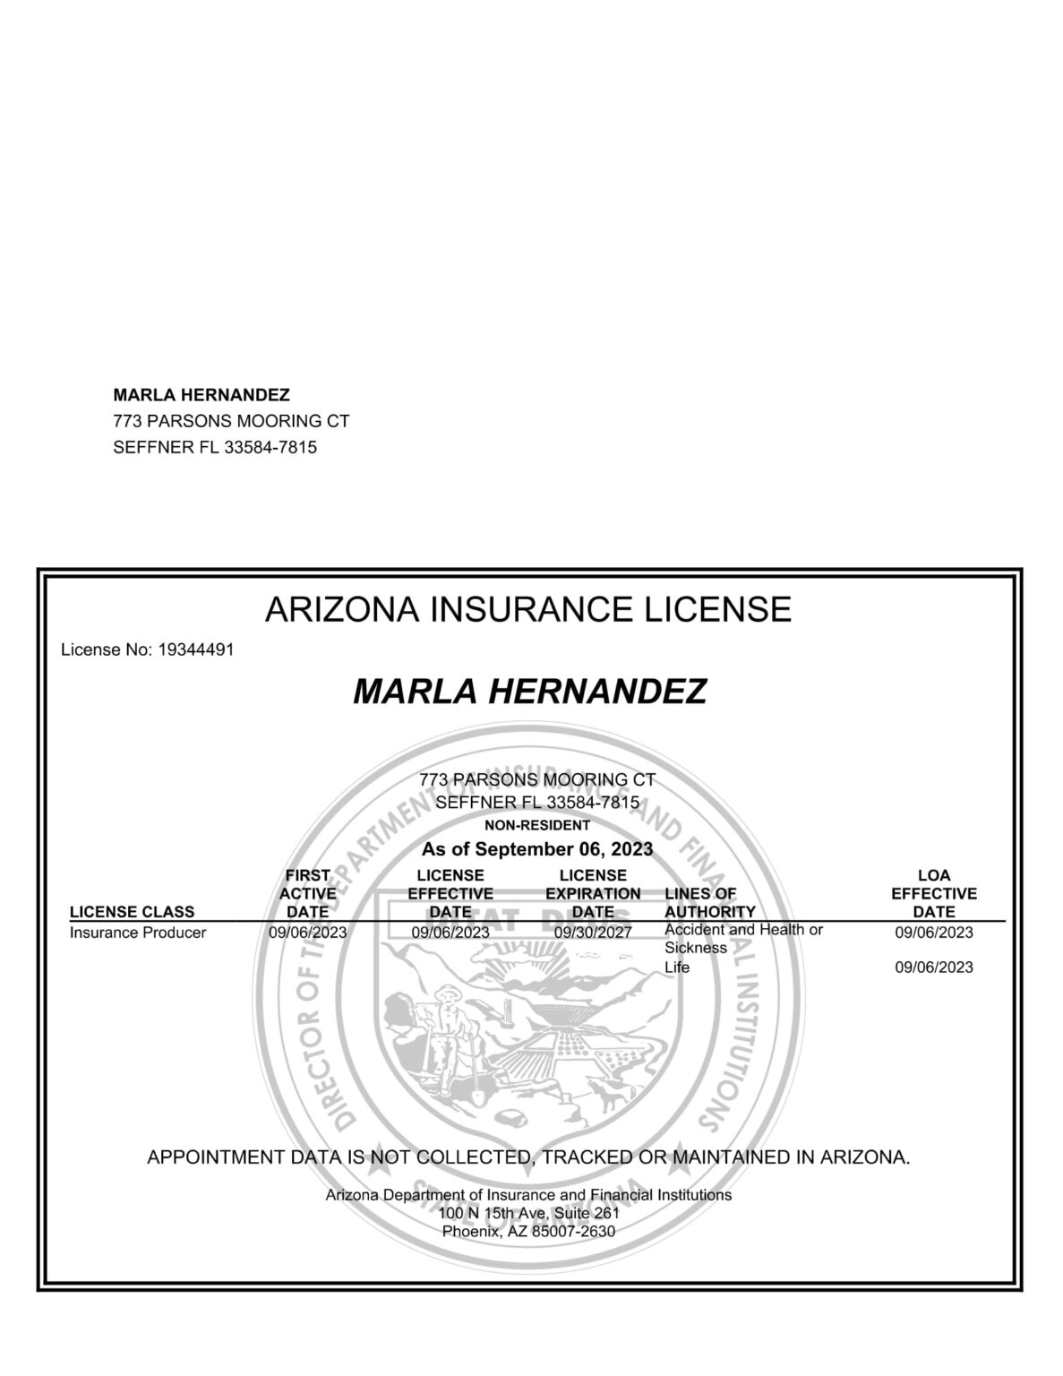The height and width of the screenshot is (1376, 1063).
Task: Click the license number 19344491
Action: [x=195, y=650]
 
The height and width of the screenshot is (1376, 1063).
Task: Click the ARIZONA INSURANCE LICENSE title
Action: [x=528, y=610]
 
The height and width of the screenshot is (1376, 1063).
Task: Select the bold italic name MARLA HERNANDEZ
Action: [x=529, y=692]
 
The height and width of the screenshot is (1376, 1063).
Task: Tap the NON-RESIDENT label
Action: [x=536, y=825]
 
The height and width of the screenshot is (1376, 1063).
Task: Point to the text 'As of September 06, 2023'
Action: [x=536, y=848]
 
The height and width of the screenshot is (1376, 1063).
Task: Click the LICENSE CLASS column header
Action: [x=132, y=912]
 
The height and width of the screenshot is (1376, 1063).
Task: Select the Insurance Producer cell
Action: [x=138, y=933]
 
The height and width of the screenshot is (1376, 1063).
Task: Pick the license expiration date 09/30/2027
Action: [x=593, y=933]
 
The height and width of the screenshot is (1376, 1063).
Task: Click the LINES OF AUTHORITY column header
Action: [x=709, y=903]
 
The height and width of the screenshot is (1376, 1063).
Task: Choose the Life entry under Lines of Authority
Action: [x=677, y=967]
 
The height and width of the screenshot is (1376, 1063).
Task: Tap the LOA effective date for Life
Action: [x=933, y=967]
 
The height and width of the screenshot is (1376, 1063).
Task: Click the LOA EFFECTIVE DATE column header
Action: [x=933, y=893]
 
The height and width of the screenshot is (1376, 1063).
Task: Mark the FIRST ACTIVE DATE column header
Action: [x=307, y=893]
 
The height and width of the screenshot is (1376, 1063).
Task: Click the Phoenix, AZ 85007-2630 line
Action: [x=528, y=1231]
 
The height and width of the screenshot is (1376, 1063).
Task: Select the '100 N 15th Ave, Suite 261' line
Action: [x=528, y=1213]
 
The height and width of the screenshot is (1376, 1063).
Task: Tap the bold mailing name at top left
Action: [x=201, y=395]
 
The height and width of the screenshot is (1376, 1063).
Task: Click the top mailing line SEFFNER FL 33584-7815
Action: [x=215, y=447]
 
